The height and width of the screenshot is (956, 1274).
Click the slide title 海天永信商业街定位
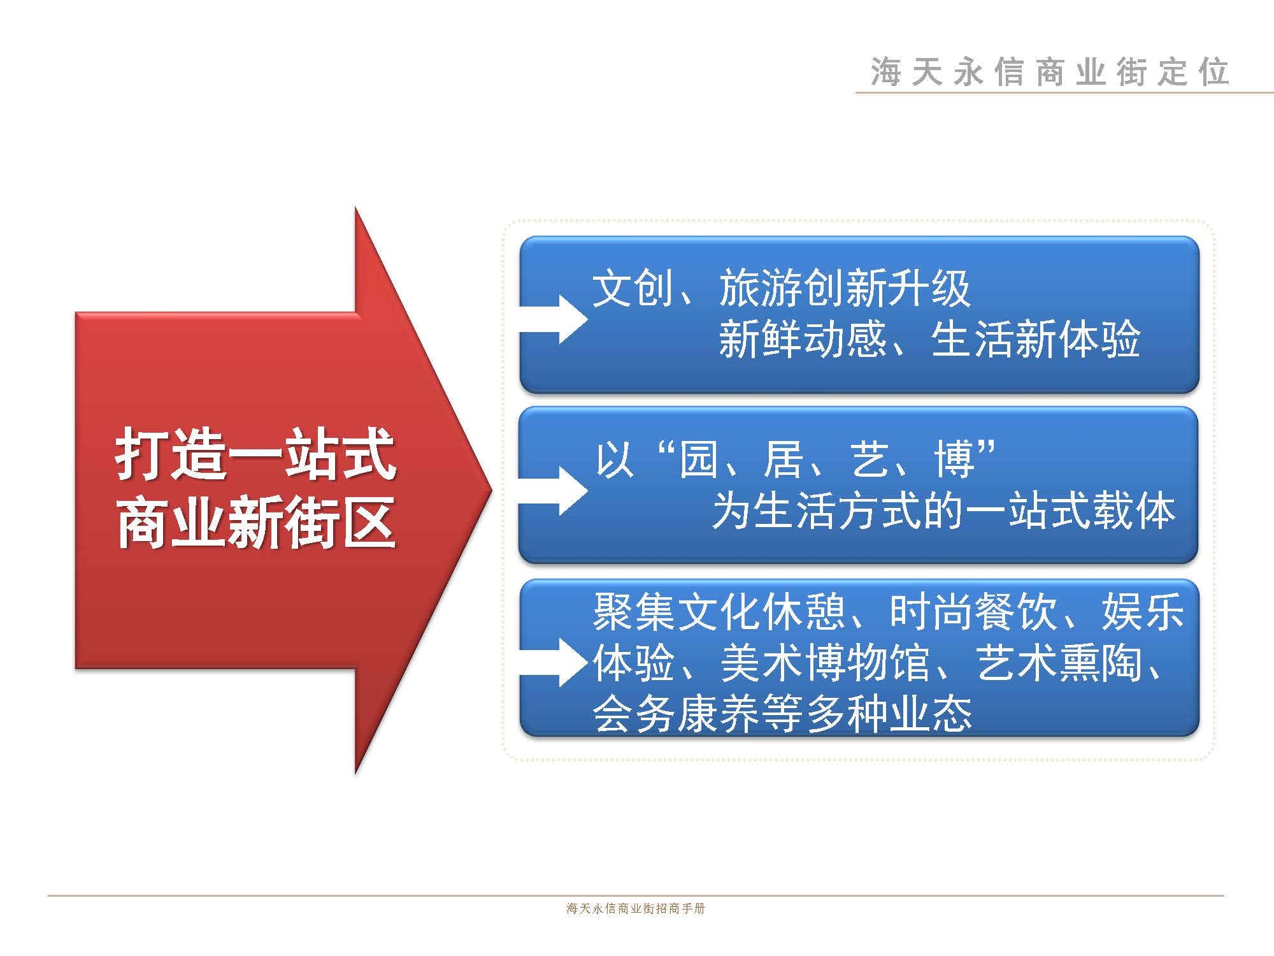coord(1050,71)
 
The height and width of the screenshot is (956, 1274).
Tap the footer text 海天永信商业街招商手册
coord(636,908)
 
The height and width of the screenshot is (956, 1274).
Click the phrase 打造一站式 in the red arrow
coord(255,454)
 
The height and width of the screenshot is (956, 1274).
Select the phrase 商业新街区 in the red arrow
coord(255,522)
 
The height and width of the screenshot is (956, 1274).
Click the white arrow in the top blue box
coord(553,319)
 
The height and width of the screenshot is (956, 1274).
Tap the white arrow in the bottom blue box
coord(553,662)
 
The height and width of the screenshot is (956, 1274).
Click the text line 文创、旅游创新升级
coord(782,288)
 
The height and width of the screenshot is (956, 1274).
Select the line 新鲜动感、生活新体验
coord(929,338)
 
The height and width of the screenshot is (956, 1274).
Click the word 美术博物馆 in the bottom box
coord(826,663)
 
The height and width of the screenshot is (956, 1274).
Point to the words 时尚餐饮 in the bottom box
coord(973,612)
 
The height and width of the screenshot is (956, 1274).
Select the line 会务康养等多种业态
coord(782,713)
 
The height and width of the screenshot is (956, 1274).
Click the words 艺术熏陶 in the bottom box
coord(1059,663)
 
